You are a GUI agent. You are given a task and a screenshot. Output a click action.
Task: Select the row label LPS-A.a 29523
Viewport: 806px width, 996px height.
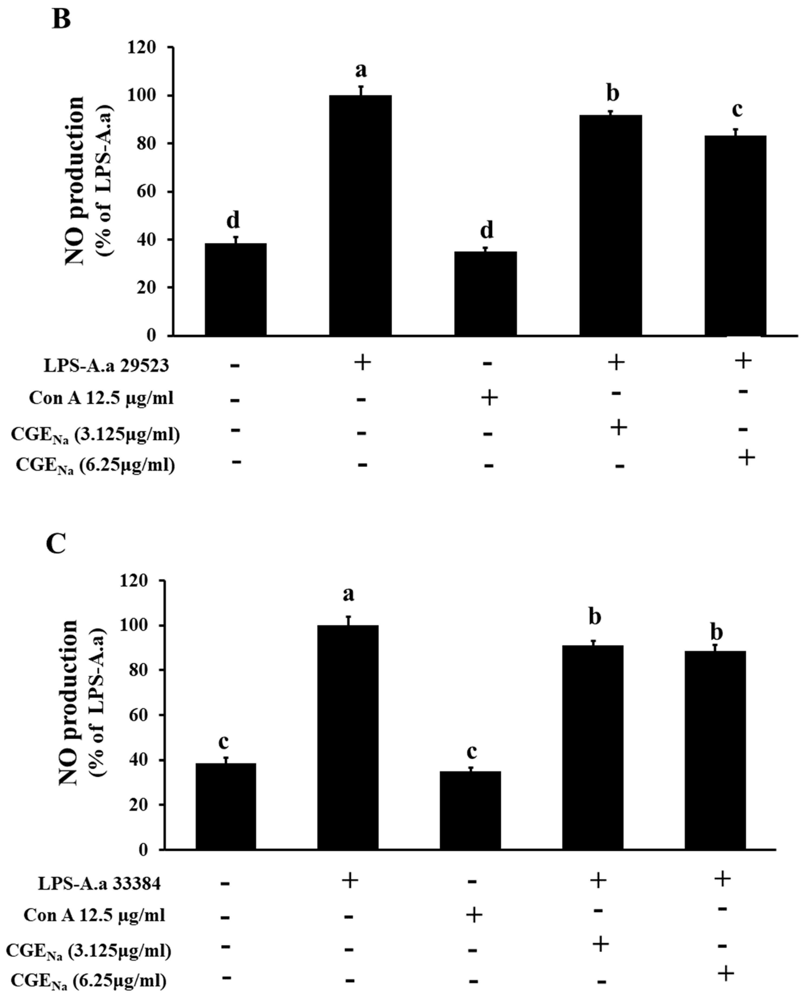pyautogui.click(x=106, y=366)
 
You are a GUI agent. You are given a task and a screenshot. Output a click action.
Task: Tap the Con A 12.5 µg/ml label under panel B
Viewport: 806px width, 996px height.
pyautogui.click(x=101, y=398)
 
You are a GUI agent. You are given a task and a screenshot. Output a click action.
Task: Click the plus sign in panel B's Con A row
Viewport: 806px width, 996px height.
pyautogui.click(x=489, y=398)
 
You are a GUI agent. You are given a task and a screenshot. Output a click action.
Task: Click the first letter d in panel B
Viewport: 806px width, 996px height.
pyautogui.click(x=233, y=220)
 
